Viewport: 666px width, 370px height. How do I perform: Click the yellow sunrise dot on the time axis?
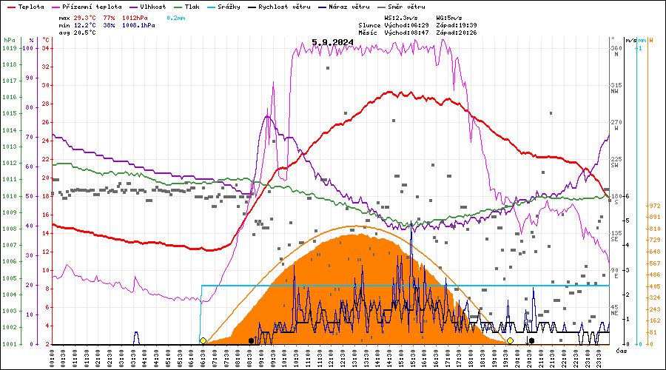point(203,340)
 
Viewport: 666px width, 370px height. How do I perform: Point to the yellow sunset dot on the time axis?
point(510,340)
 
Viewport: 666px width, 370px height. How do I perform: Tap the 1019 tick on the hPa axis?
point(9,48)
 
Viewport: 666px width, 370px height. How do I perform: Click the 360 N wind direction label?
point(616,51)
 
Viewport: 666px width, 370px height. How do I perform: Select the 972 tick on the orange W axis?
point(654,206)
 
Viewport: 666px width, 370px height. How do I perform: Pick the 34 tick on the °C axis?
point(46,48)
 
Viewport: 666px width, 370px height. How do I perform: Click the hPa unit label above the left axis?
point(9,39)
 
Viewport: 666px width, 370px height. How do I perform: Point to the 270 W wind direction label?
point(616,125)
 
